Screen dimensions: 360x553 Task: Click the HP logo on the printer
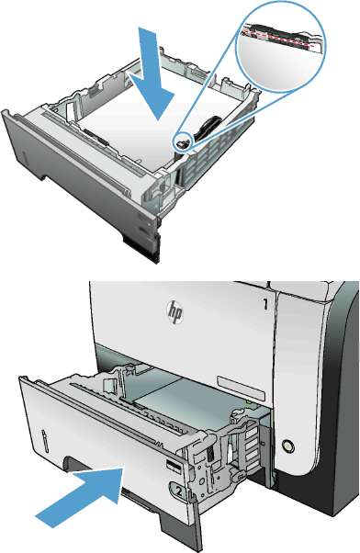pyautogui.click(x=174, y=311)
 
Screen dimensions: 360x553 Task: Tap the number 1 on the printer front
pyautogui.click(x=265, y=304)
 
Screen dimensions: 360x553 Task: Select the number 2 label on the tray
pyautogui.click(x=178, y=491)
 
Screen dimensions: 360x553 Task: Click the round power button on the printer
pyautogui.click(x=287, y=446)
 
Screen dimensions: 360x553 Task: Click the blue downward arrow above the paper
pyautogui.click(x=152, y=73)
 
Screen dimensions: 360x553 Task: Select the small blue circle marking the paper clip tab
pyautogui.click(x=183, y=142)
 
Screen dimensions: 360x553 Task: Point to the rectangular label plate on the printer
pyautogui.click(x=241, y=389)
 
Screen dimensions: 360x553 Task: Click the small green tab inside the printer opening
pyautogui.click(x=249, y=401)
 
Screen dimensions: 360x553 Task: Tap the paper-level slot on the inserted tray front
pyautogui.click(x=45, y=440)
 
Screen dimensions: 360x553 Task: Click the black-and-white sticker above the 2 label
pyautogui.click(x=174, y=467)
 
